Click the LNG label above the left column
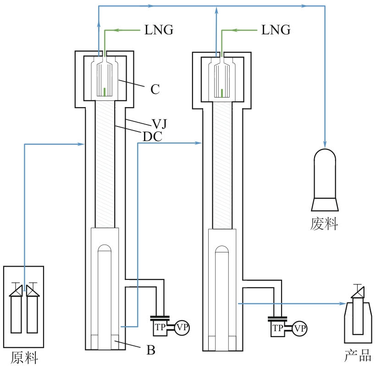(159, 30)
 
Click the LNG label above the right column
(276, 30)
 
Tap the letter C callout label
(155, 89)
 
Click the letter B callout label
(151, 351)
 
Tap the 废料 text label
(324, 224)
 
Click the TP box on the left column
(160, 328)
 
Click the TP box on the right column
(277, 328)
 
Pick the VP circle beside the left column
(182, 328)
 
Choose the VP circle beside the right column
(300, 328)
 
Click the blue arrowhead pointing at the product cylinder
(342, 303)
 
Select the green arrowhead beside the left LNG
(117, 31)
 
